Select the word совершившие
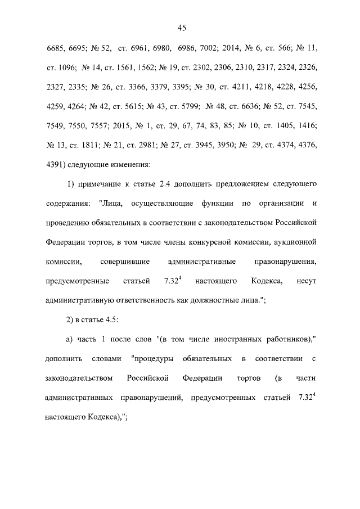[x=123, y=262]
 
